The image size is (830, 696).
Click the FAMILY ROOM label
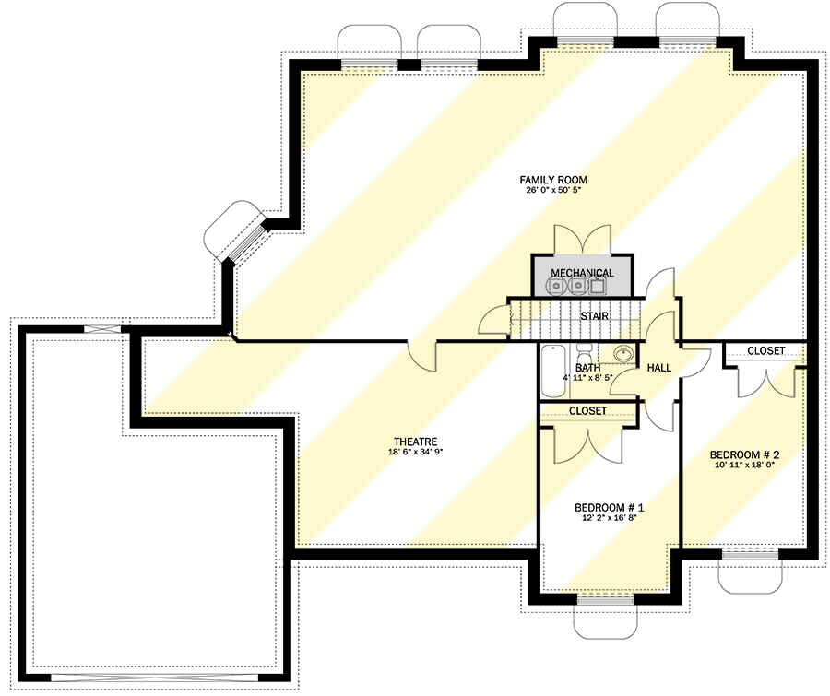[553, 180]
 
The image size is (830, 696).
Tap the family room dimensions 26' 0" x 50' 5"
[553, 191]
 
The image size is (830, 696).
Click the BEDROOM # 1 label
[609, 507]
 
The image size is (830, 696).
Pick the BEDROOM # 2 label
[745, 454]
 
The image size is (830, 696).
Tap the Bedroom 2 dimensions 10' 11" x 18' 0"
[745, 466]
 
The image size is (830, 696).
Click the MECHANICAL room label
[582, 273]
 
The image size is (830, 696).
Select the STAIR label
[593, 315]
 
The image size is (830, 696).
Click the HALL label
[659, 368]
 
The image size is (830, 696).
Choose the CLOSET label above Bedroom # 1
[587, 410]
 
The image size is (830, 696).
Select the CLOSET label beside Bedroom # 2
[765, 350]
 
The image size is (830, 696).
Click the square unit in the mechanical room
[599, 286]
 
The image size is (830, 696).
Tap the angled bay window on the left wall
[238, 235]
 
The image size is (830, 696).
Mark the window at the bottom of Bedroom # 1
[604, 599]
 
